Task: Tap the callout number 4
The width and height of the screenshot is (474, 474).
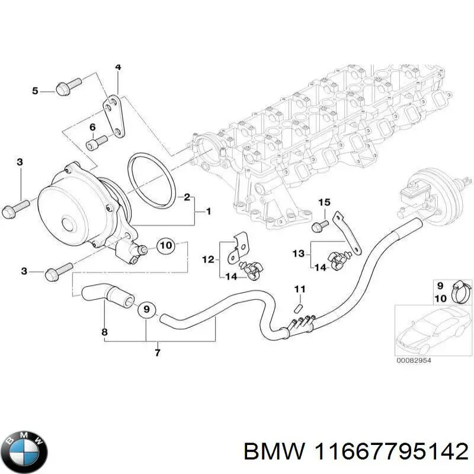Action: click(x=118, y=67)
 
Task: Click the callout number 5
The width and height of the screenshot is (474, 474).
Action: click(x=35, y=91)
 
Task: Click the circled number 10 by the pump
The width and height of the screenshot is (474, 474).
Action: click(x=166, y=245)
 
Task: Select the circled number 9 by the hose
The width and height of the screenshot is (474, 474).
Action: click(x=146, y=309)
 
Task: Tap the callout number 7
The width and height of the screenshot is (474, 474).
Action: click(x=158, y=354)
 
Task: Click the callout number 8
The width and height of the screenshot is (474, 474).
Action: click(x=105, y=332)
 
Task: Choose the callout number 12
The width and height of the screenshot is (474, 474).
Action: click(x=207, y=259)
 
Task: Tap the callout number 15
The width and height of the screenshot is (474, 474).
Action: click(x=323, y=203)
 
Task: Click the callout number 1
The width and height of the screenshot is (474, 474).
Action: click(x=208, y=211)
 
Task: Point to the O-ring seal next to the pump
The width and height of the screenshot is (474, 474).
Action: click(x=150, y=180)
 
